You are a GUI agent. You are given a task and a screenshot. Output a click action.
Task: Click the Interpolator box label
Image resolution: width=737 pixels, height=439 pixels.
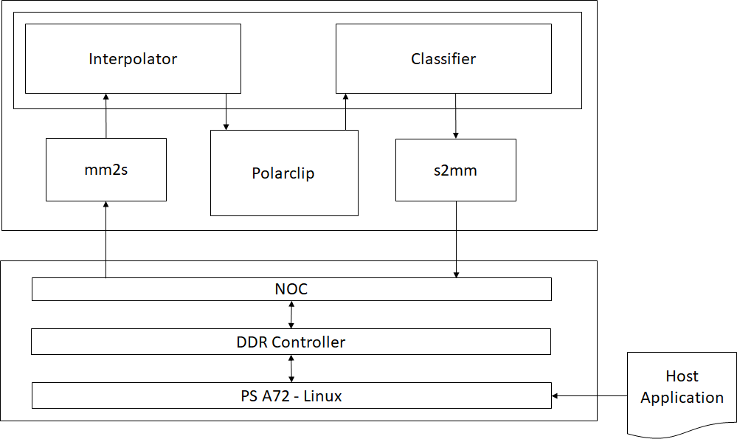point(133,59)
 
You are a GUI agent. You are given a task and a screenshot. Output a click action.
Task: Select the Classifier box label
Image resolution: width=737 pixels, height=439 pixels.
point(443,59)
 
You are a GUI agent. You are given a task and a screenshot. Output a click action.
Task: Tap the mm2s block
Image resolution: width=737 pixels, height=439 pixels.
point(105,170)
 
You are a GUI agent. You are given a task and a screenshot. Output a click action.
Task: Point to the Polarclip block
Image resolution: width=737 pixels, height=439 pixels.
point(283,173)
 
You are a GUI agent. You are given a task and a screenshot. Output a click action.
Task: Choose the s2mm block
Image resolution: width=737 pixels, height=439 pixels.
point(455,170)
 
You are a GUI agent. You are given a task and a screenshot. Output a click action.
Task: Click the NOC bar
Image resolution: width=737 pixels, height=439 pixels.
point(291,289)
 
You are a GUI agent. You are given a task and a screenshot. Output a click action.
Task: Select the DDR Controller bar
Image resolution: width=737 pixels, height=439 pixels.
point(291,342)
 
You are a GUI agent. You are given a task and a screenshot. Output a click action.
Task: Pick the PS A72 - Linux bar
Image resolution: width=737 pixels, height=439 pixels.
point(291,395)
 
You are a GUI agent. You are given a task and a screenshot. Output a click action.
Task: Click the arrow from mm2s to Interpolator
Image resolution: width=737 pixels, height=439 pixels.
point(105,116)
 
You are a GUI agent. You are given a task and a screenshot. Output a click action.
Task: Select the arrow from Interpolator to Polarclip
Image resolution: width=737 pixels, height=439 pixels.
point(226,111)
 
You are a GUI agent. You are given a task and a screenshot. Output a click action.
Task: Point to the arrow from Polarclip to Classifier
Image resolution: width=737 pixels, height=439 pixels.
point(345,111)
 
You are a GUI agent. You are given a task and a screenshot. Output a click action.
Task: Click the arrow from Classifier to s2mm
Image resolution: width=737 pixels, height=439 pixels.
point(455,116)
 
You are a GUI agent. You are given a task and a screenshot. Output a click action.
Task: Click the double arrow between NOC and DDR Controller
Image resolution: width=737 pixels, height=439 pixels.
point(291,315)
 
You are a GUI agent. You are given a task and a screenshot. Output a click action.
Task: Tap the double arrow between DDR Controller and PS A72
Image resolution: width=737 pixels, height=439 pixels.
point(291,368)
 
